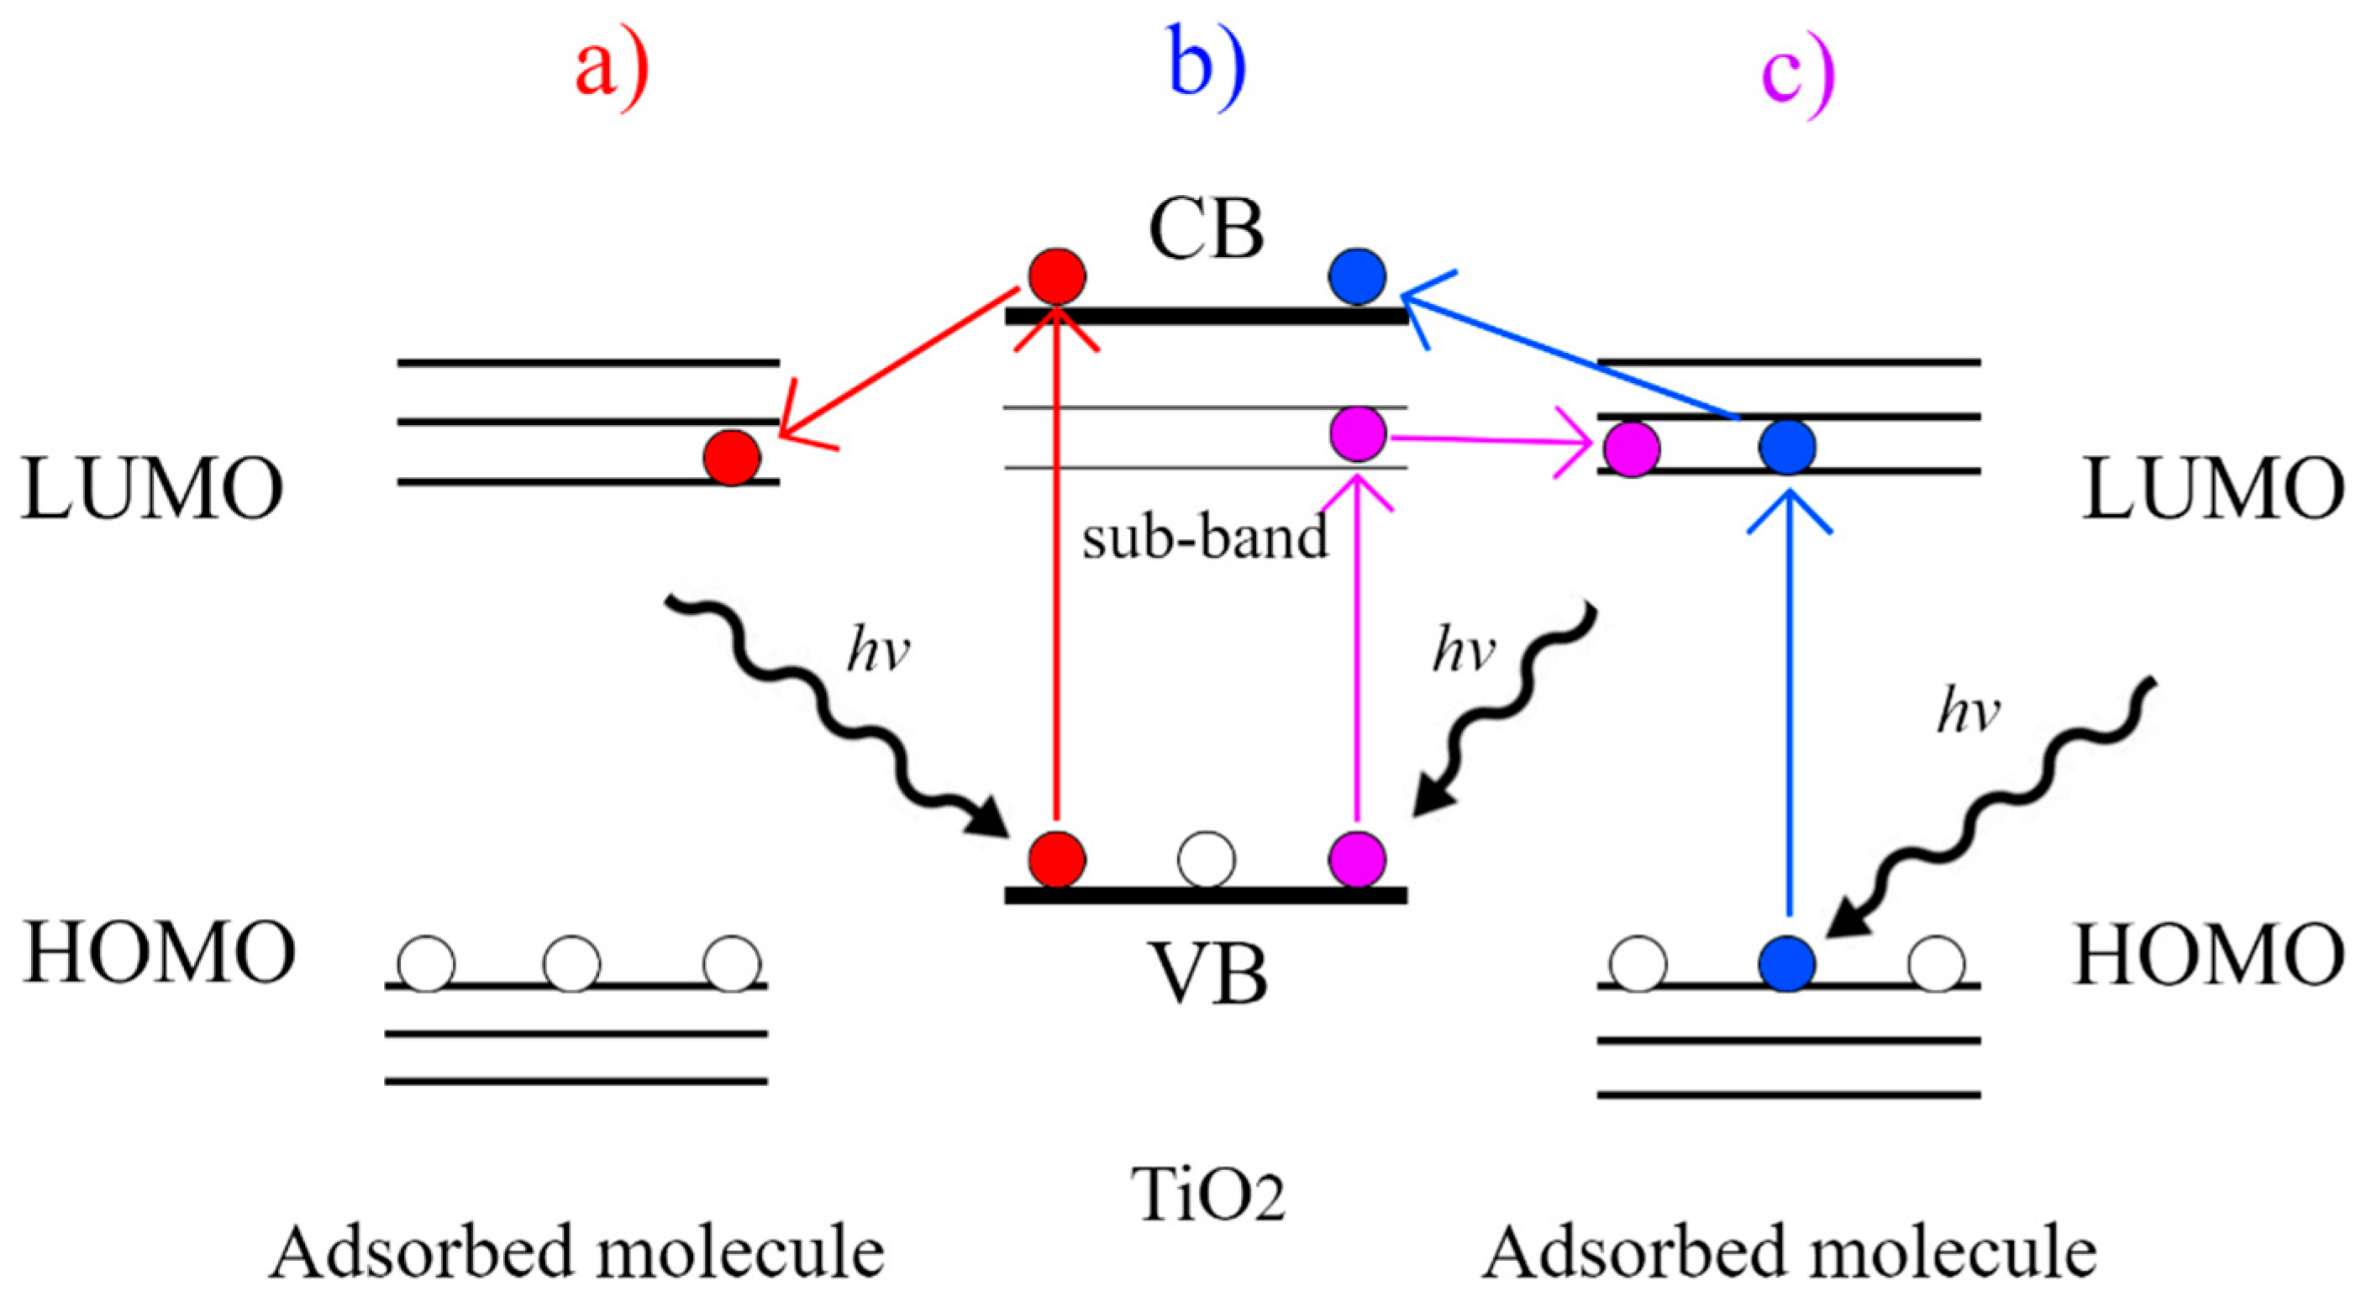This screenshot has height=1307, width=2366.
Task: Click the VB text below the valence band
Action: click(1209, 975)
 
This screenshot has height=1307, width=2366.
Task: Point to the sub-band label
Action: click(1205, 538)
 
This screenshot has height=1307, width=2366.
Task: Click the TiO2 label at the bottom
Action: click(1208, 1194)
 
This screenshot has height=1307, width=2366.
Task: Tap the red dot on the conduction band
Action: click(1056, 276)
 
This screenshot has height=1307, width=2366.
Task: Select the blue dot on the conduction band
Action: click(1358, 276)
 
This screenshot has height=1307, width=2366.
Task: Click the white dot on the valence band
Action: click(1206, 859)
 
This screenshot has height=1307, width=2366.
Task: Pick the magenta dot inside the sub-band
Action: click(1358, 433)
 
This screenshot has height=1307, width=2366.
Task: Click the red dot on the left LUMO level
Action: click(732, 456)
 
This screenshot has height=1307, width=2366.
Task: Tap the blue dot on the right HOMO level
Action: click(1787, 963)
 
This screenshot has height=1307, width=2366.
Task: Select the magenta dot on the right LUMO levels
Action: click(1633, 449)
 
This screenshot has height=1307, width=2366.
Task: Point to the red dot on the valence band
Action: click(1057, 859)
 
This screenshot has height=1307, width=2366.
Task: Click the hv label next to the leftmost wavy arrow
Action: click(877, 652)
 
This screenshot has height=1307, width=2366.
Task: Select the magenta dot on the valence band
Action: click(1357, 859)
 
